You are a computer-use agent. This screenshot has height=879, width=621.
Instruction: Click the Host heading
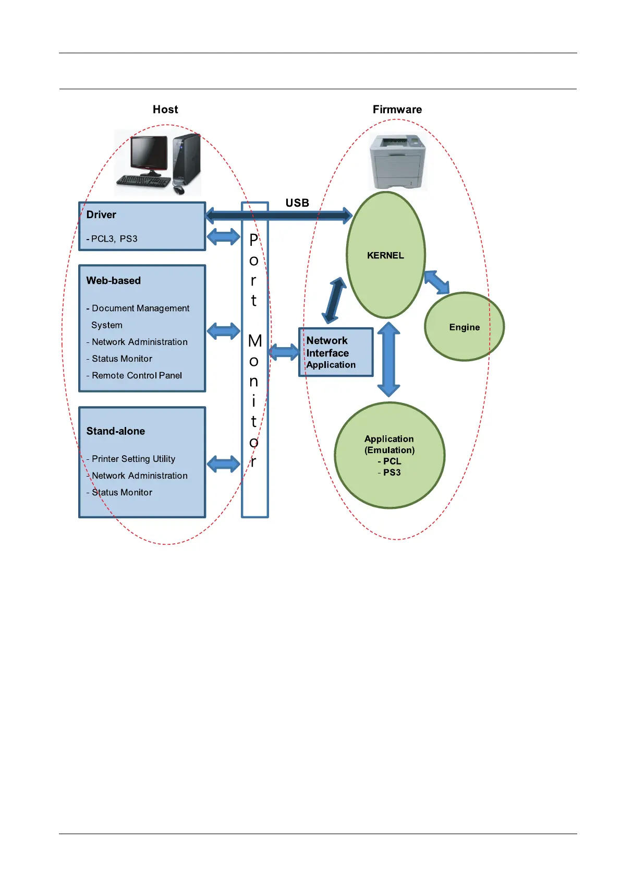point(165,110)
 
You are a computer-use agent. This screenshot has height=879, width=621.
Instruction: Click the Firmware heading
point(397,110)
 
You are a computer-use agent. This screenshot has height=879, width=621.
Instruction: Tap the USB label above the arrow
point(297,203)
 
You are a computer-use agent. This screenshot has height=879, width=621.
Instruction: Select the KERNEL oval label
point(385,255)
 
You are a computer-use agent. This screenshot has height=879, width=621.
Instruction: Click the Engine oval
point(464,327)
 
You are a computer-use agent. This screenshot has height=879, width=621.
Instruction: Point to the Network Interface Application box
point(336,352)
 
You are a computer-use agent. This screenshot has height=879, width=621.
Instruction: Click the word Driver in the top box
point(101,215)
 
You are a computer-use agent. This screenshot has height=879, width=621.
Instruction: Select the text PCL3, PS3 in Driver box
point(114,239)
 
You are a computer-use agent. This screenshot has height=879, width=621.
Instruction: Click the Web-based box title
point(114,281)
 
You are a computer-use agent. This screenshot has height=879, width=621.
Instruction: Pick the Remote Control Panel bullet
point(137,376)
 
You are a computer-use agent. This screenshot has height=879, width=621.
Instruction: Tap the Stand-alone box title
point(116,431)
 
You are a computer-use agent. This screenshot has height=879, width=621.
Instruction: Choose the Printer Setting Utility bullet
point(133,459)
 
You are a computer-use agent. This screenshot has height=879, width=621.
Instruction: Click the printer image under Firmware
point(397,162)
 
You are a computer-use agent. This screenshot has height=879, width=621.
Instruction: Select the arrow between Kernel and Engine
point(436,282)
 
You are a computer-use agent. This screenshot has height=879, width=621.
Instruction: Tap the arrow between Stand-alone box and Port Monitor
point(224,464)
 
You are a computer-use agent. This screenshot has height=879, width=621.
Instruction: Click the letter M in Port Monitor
point(255,341)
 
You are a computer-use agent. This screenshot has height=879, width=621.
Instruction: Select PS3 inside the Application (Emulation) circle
point(392,472)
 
